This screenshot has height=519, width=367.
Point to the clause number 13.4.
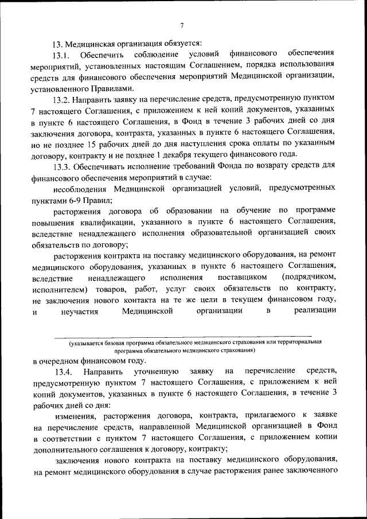point(64,372)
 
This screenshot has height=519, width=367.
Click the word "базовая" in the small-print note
point(117,342)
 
